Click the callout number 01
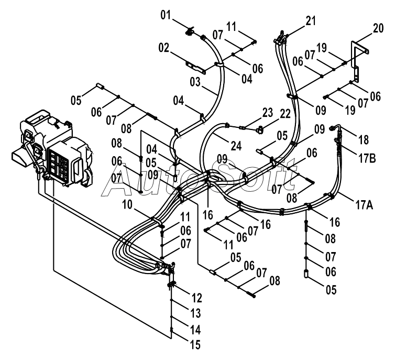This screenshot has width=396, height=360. (166, 15)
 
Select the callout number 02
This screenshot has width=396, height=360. (163, 48)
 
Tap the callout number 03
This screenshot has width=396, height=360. (195, 82)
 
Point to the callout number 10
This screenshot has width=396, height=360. (127, 205)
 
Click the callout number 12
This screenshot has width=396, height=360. (197, 298)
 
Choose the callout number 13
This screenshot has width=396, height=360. (195, 313)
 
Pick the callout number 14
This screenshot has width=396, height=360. (195, 330)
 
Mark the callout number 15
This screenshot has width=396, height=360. (195, 345)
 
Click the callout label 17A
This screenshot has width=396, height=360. (365, 205)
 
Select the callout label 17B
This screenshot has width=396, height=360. (367, 158)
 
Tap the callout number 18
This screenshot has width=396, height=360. (364, 140)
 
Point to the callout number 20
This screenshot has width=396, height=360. (378, 28)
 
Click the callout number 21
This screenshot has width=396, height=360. (311, 21)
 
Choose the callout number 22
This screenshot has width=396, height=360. (285, 114)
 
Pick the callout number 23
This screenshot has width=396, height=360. (268, 113)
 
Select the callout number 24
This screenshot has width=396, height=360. (236, 146)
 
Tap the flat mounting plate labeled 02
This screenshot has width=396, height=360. (196, 67)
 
